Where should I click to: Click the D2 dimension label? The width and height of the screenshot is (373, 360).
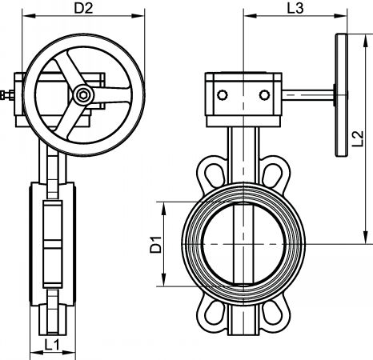pos(83,8)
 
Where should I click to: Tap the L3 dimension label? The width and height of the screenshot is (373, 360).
pos(295,8)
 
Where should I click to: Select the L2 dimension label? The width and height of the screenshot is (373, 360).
pos(358,138)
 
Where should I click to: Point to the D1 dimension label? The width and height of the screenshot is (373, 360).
pos(156,244)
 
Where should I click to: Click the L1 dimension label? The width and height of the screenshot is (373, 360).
pos(52,345)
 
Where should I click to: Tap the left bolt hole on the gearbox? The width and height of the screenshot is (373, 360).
pos(223,94)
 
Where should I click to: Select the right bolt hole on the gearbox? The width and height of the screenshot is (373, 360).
pos(264,94)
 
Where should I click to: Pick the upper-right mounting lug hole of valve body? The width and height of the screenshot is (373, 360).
pos(272,175)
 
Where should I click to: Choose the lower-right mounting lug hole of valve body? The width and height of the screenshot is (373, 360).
pos(272,313)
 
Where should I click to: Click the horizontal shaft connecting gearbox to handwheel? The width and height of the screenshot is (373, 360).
pos(307,95)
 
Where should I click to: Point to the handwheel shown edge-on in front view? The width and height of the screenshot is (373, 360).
pos(342,95)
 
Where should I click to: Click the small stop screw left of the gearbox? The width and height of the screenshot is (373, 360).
pos(7,95)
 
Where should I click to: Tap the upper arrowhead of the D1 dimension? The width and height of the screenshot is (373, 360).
pos(164,208)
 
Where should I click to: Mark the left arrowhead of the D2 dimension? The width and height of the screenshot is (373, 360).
pos(29,16)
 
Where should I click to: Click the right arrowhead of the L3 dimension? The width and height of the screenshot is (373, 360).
pos(340,16)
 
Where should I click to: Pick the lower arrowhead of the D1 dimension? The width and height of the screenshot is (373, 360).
pos(164,280)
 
